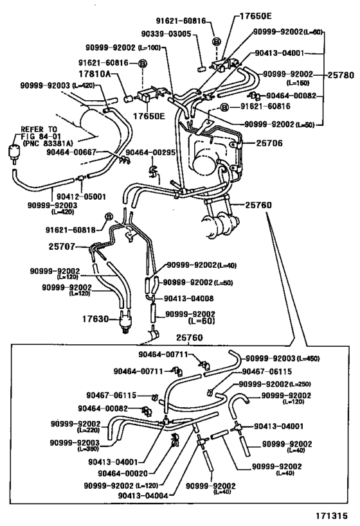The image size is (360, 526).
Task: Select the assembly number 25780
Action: (341, 75)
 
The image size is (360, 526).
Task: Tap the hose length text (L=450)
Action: (305, 358)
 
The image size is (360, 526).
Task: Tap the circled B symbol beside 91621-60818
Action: (109, 216)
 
